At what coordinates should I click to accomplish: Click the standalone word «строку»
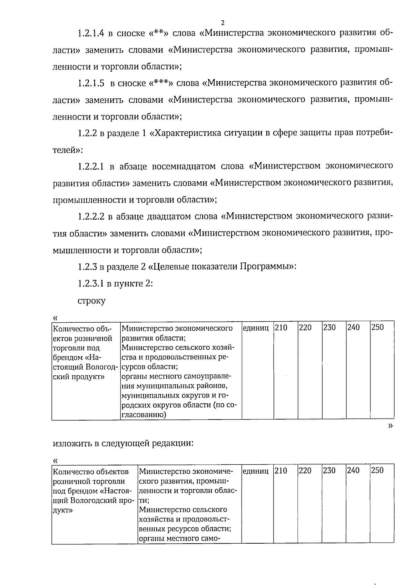[x=91, y=301]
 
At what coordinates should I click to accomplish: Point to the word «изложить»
[x=72, y=443]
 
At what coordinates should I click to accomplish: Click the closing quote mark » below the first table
[x=391, y=426]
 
